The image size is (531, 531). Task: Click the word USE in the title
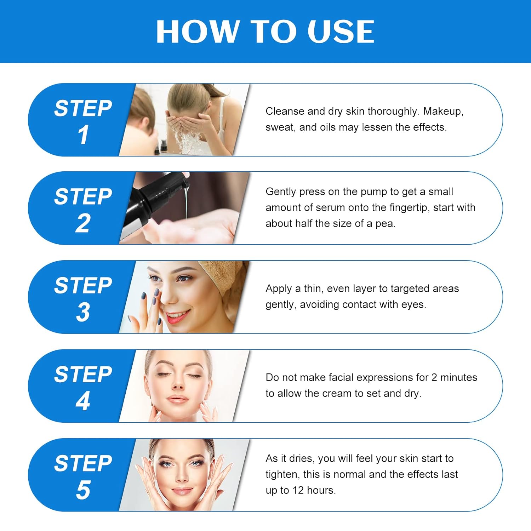click(341, 32)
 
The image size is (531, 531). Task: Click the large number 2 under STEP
click(83, 223)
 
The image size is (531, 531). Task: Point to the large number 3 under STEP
click(83, 312)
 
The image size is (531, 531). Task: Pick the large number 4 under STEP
click(83, 401)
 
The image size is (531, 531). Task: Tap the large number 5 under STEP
click(83, 490)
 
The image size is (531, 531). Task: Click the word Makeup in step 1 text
click(443, 112)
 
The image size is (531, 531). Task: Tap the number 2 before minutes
click(434, 377)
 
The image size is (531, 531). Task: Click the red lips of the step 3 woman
click(176, 316)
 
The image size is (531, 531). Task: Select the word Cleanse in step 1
click(285, 112)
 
